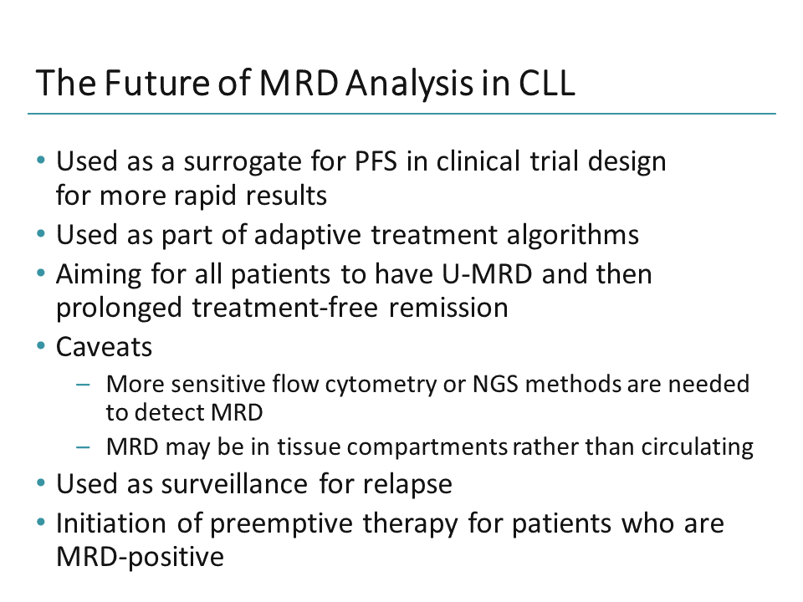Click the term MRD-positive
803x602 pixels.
140,557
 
